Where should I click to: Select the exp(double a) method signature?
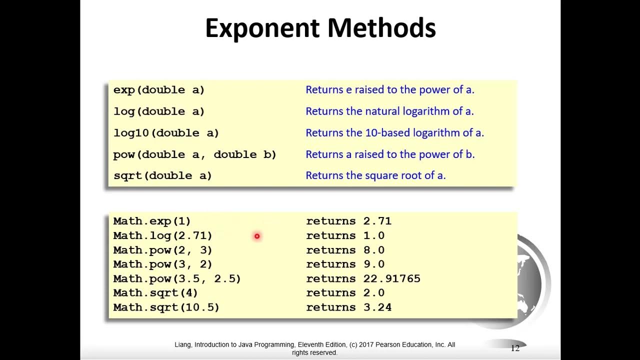click(159, 90)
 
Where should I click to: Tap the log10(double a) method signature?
click(166, 133)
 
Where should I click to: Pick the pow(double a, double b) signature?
click(194, 154)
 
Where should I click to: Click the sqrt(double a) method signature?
click(162, 175)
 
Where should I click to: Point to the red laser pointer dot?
click(257, 236)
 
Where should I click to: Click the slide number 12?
click(515, 348)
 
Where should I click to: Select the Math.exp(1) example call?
click(152, 221)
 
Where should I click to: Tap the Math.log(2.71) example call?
click(162, 235)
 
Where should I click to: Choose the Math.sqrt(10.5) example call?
click(166, 307)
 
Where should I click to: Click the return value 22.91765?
click(392, 278)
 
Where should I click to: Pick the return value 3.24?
click(377, 307)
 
